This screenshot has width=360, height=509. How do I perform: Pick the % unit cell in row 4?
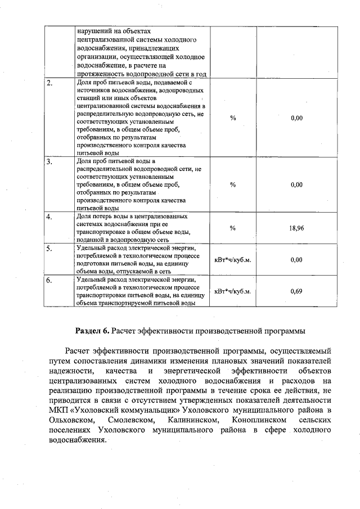pos(233,228)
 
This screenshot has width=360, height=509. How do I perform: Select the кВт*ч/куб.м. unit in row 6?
pos(233,291)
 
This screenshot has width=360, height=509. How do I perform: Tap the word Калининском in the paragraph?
pos(191,420)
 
